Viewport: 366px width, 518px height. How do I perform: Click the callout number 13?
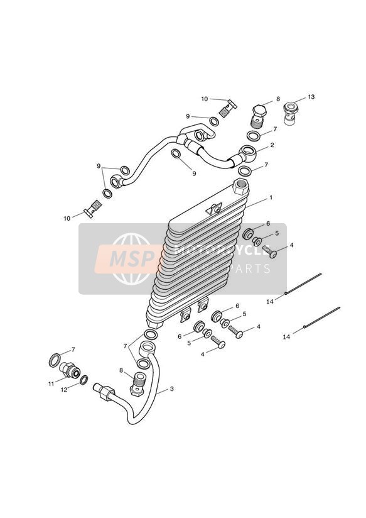click(x=311, y=97)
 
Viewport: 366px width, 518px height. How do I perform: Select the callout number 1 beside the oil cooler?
click(x=271, y=197)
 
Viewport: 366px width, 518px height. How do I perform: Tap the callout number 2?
click(x=272, y=145)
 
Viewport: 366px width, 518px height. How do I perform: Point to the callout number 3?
click(x=171, y=389)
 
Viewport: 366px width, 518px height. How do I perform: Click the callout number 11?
click(x=51, y=384)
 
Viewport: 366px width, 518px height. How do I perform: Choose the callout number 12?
click(x=64, y=390)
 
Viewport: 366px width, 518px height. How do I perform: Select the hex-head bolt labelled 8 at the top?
click(x=259, y=116)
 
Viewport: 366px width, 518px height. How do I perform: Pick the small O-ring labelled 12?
click(x=84, y=380)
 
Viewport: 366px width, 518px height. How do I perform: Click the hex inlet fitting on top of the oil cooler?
click(x=241, y=187)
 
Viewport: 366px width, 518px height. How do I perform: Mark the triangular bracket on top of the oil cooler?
click(x=213, y=209)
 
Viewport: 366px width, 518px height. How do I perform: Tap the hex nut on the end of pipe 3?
click(x=104, y=392)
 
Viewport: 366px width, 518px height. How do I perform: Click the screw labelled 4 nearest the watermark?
click(x=269, y=251)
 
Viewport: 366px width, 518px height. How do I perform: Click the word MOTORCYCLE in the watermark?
click(x=222, y=250)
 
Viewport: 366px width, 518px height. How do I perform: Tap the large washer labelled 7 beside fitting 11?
click(x=55, y=360)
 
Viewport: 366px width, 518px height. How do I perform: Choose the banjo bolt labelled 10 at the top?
click(x=228, y=109)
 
